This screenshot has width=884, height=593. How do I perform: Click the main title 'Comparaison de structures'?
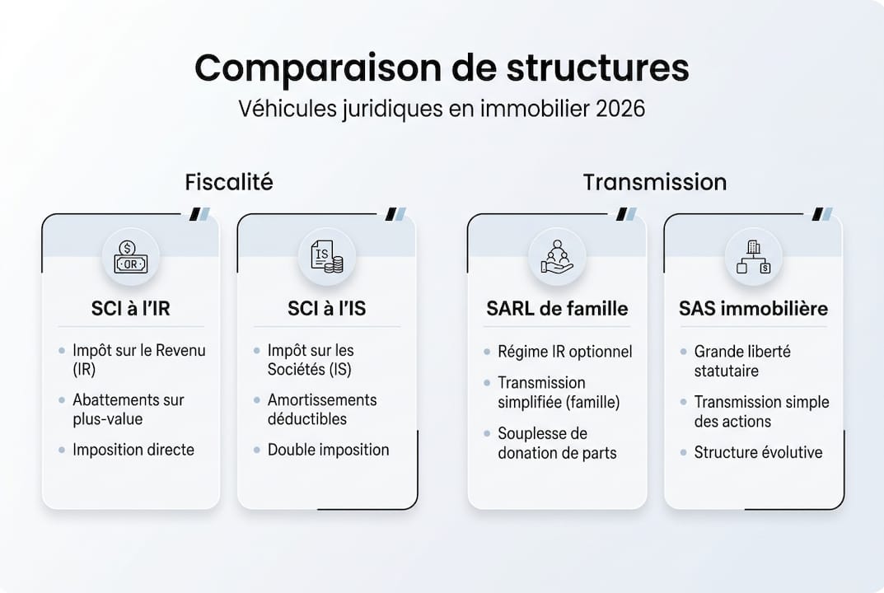tap(442, 68)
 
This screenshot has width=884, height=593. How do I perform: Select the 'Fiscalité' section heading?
tap(228, 181)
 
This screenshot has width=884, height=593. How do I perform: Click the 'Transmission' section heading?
tap(654, 181)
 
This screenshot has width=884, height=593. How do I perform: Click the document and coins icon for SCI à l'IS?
tap(326, 257)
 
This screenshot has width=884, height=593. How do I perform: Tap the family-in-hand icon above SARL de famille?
tap(557, 257)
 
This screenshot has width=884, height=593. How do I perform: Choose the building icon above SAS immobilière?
tap(753, 257)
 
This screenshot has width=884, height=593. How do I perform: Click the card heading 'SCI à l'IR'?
tap(130, 309)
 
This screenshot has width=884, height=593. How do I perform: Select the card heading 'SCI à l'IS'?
tap(326, 309)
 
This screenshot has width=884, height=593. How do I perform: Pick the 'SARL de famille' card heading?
tap(557, 309)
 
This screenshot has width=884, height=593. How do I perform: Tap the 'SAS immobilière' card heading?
tap(753, 309)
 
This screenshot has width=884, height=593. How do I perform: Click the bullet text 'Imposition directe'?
tap(133, 450)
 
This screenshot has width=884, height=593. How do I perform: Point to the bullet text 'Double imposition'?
tap(328, 450)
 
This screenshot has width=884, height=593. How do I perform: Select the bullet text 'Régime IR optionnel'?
tap(564, 352)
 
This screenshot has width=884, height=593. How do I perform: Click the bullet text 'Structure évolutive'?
tap(758, 452)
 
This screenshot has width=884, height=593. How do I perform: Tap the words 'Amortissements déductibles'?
tap(322, 409)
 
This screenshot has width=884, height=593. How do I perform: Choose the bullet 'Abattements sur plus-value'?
tap(128, 409)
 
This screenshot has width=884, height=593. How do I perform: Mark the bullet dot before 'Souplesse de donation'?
tap(488, 434)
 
